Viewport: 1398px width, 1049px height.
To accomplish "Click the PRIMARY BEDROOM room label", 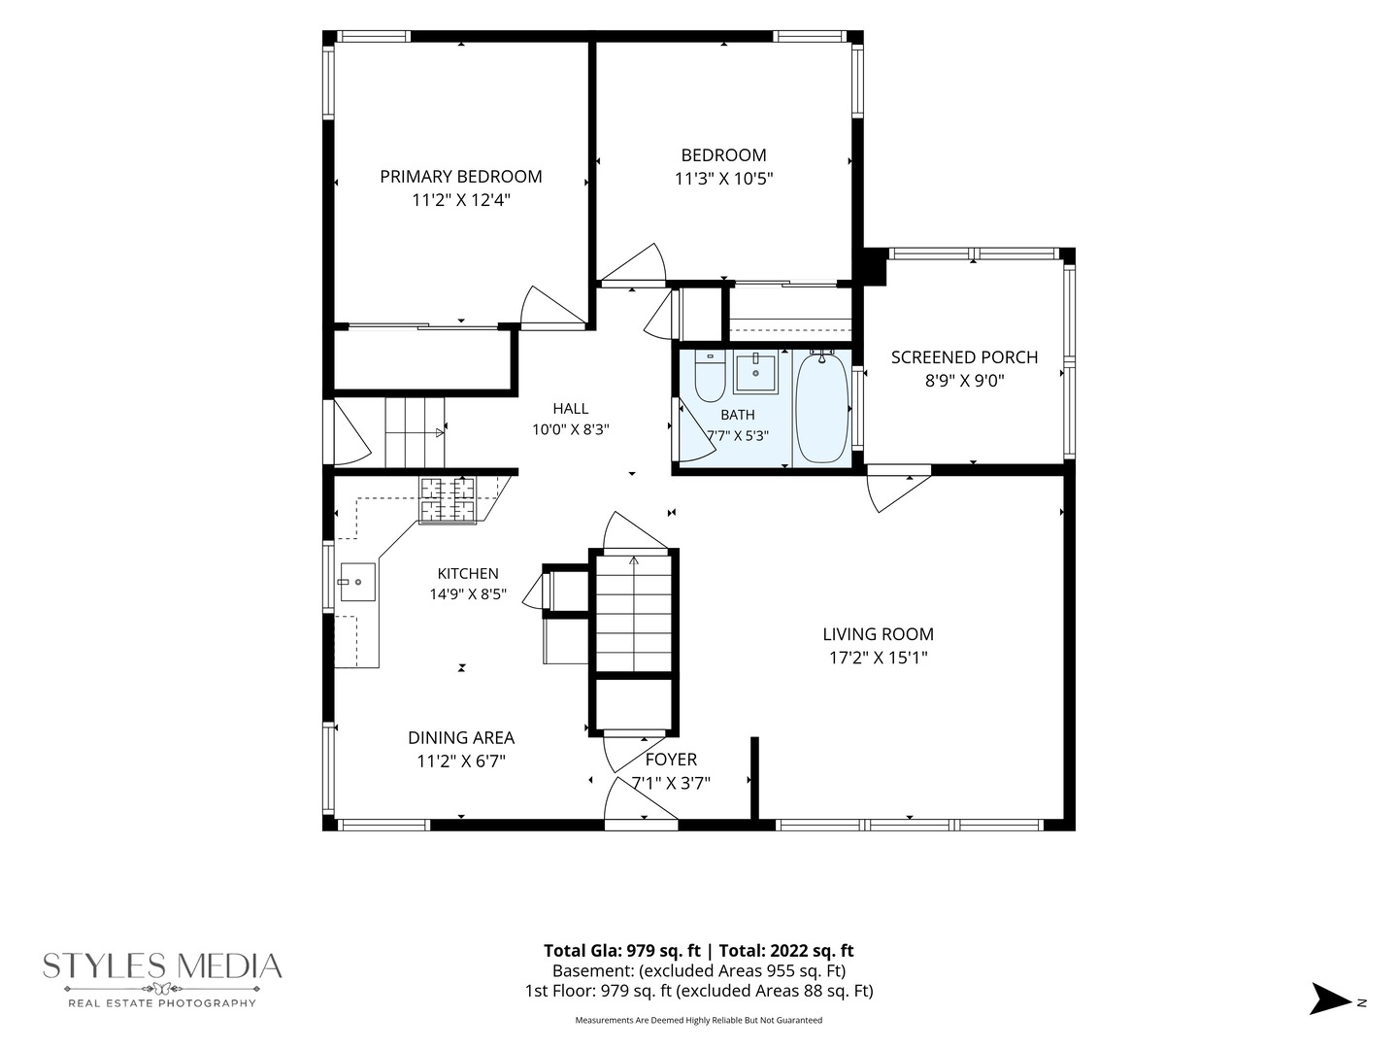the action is point(460,177).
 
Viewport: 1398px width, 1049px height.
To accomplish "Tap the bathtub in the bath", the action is point(821,408).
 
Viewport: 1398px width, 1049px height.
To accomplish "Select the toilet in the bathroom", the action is point(710,376).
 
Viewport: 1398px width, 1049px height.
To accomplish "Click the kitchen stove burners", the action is point(448,500).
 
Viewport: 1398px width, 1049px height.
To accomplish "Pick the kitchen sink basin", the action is point(357,582).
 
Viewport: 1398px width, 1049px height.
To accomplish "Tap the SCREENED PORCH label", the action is point(964,357).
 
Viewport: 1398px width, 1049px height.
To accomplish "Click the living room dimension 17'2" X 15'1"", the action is point(878,658).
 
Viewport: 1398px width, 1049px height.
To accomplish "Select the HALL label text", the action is point(570,408).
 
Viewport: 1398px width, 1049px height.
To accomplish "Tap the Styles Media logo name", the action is point(162,966).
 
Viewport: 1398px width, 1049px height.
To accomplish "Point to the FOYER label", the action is point(671,760).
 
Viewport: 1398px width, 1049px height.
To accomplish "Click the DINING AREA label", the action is point(461,737).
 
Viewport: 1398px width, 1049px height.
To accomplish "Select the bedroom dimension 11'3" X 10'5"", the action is point(723,179).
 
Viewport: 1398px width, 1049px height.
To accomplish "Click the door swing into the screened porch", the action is point(897,490).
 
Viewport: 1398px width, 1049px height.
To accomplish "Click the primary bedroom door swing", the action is point(550,307).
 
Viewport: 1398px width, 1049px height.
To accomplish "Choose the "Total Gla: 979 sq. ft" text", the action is point(622,950).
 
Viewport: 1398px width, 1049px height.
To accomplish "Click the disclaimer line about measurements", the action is point(699,1020).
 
